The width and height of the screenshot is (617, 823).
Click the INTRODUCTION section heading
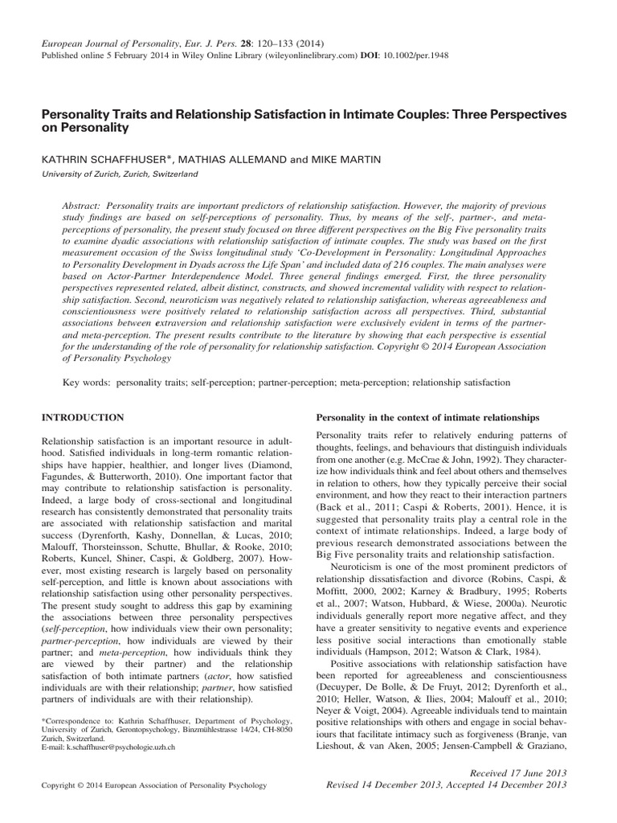pos(83,418)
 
